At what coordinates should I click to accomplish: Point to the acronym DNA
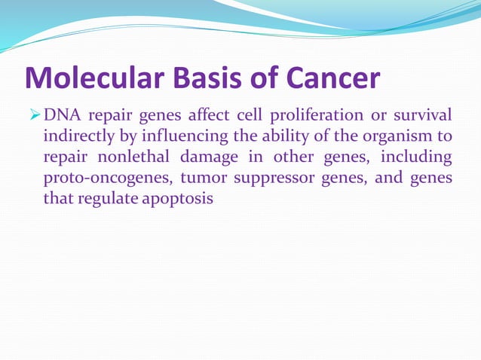62,115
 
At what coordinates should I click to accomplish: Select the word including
417,158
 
